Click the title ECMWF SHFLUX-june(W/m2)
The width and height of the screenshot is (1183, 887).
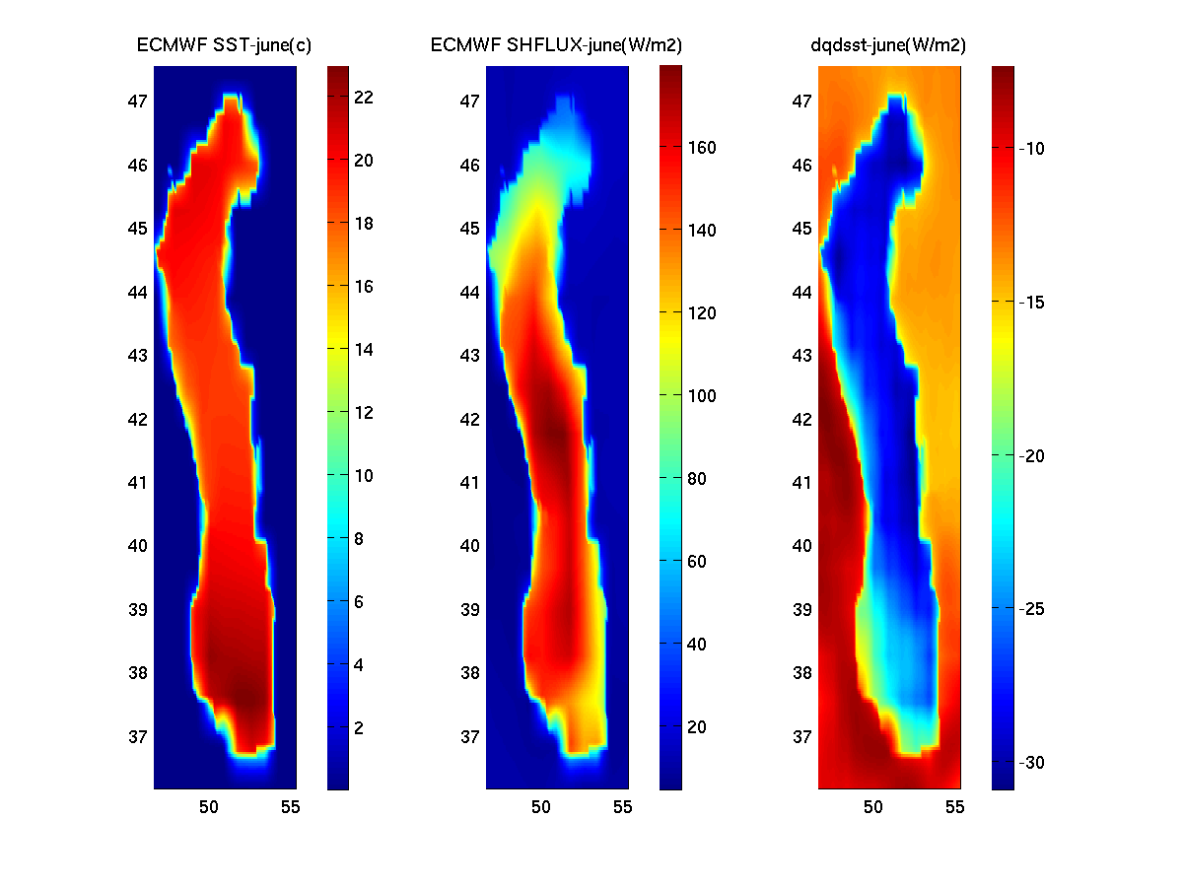pos(557,45)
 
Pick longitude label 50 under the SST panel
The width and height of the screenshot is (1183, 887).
pos(209,808)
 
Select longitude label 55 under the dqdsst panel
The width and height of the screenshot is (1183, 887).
pos(955,808)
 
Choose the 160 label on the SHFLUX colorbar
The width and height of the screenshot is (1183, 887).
pos(701,148)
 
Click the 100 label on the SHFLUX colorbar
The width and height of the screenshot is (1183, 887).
pos(701,396)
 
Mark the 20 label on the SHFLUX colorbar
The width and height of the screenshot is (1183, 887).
pos(697,727)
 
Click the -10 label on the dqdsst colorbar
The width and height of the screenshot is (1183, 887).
pos(1034,149)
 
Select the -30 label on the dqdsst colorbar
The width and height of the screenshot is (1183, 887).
pos(1034,764)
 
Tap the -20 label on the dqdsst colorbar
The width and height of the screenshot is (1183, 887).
pos(1034,456)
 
